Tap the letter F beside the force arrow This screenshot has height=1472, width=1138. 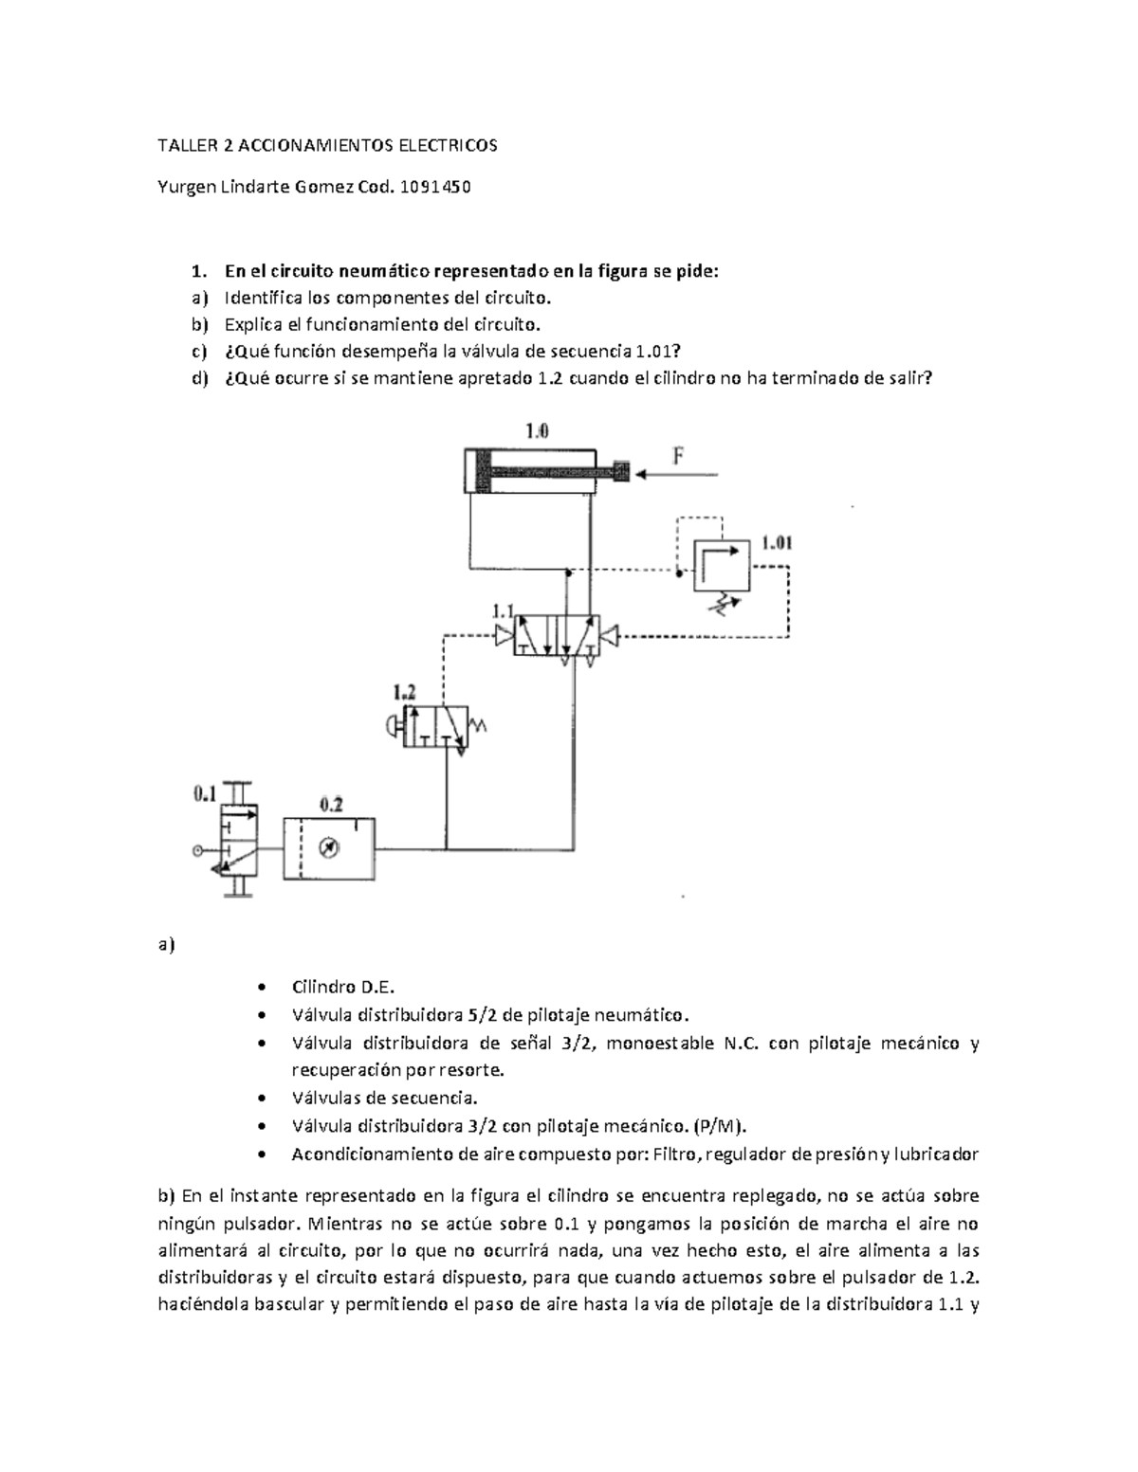pos(679,456)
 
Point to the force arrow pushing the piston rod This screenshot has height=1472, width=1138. pos(679,472)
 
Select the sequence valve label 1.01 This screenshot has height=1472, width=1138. pos(777,543)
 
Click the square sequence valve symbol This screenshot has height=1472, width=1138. pos(721,566)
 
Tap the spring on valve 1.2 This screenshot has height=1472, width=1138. pos(478,726)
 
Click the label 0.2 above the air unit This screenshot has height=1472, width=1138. pos(331,805)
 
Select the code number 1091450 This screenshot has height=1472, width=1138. pos(436,187)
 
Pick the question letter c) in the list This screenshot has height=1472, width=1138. pos(198,352)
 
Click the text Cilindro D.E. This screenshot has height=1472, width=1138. pos(336,986)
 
